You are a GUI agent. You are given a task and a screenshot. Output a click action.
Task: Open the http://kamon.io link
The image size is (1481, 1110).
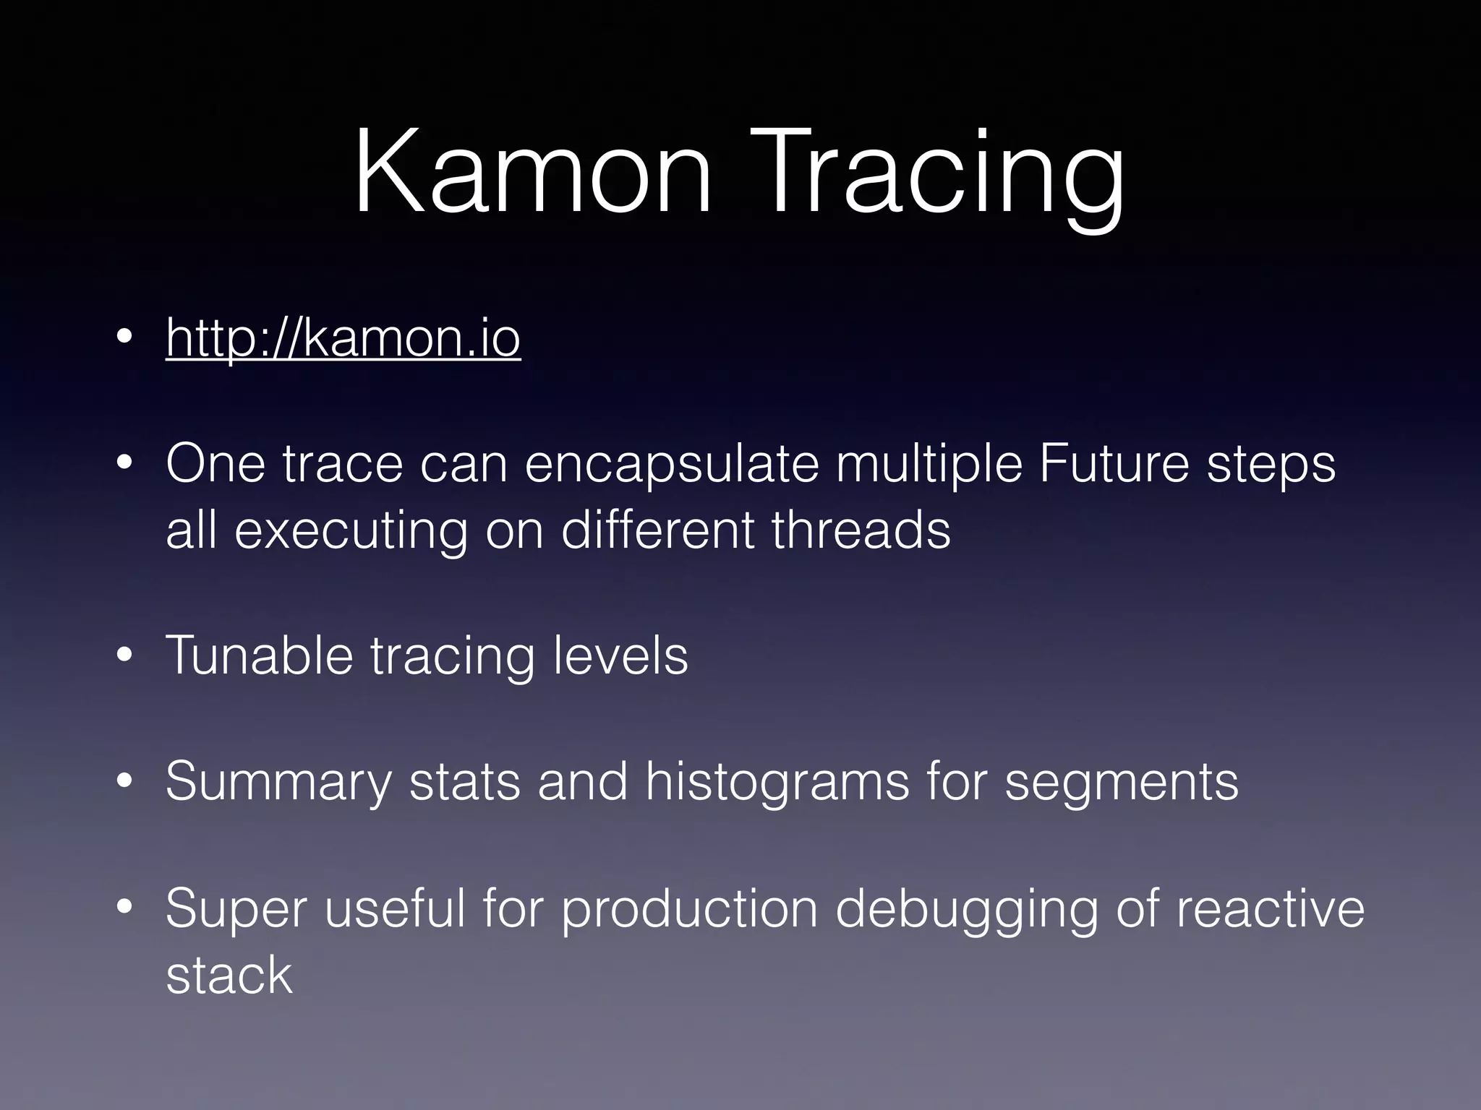tap(343, 337)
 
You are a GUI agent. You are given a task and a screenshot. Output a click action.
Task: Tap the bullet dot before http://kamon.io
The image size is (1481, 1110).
tap(125, 337)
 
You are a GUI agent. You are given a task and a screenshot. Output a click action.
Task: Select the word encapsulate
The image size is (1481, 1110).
tap(672, 464)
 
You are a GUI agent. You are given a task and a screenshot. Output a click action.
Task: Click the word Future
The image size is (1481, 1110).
tap(1114, 464)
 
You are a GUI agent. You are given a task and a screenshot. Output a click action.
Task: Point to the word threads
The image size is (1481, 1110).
tap(861, 530)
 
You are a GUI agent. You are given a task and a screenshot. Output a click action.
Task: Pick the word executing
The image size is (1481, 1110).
tap(351, 530)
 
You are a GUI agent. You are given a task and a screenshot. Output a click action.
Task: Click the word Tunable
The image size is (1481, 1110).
tap(259, 655)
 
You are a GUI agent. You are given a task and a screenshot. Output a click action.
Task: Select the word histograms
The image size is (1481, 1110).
tap(777, 781)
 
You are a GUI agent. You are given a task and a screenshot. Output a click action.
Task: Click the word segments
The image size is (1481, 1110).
tap(1121, 781)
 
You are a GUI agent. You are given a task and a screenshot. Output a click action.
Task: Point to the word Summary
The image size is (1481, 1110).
tap(278, 781)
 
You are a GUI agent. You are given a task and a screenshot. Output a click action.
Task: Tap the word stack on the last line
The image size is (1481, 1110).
tap(229, 975)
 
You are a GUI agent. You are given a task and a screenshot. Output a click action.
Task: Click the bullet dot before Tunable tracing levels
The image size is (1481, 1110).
tap(125, 655)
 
